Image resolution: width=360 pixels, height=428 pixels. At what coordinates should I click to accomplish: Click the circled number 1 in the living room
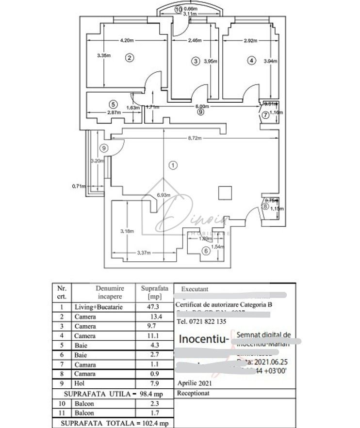tap(173, 165)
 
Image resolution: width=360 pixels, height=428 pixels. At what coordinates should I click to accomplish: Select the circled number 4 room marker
tap(250, 61)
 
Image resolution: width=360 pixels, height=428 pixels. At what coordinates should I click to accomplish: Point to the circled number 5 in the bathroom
tap(113, 104)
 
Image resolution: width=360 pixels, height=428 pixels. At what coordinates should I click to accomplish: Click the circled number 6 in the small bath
tap(206, 251)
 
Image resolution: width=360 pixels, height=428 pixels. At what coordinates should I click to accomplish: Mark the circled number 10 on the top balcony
tap(179, 9)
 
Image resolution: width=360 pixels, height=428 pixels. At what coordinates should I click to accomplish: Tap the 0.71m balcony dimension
tap(78, 186)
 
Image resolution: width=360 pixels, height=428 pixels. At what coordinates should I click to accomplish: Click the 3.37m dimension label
tap(144, 253)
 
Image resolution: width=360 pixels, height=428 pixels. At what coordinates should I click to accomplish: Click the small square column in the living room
tap(225, 192)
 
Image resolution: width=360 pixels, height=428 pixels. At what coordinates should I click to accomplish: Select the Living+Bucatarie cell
tap(98, 307)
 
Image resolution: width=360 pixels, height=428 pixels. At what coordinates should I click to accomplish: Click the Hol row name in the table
tap(80, 383)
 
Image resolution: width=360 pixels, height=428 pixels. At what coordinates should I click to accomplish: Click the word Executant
tap(195, 289)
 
